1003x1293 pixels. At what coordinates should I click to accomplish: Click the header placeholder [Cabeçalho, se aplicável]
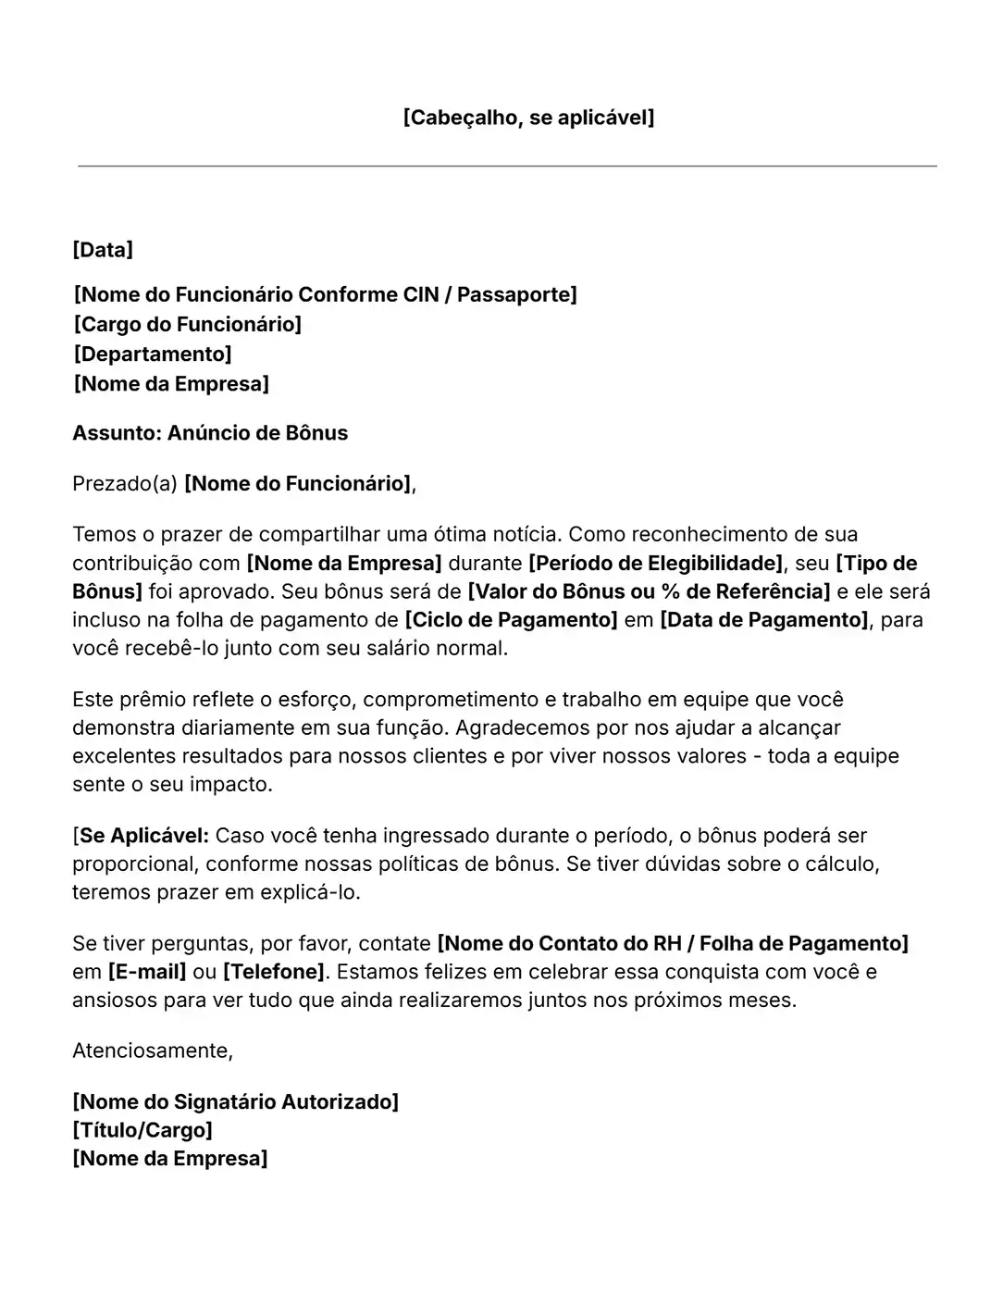click(x=528, y=118)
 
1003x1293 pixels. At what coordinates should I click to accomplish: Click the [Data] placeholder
click(x=103, y=250)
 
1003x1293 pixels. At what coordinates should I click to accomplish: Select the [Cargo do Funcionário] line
click(x=188, y=324)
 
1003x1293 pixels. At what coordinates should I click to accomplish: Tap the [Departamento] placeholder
click(x=153, y=354)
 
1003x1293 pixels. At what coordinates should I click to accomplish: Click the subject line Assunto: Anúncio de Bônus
click(x=210, y=433)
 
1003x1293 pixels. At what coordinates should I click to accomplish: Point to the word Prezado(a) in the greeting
click(x=124, y=483)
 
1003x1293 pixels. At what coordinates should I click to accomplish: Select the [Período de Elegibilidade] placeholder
click(x=656, y=563)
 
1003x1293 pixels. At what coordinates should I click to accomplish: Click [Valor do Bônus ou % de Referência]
click(x=649, y=591)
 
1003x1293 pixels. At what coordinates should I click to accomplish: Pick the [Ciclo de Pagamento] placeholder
click(x=511, y=620)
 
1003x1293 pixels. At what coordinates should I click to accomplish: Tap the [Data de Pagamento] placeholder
click(x=763, y=620)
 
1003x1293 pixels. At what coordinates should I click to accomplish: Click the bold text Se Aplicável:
click(x=144, y=836)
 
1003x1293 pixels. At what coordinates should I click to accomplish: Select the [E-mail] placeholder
click(x=148, y=972)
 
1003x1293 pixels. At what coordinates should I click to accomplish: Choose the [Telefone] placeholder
click(x=274, y=972)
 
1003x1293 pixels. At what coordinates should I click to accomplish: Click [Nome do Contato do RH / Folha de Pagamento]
click(x=673, y=943)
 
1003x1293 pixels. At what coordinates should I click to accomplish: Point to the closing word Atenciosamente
click(x=152, y=1051)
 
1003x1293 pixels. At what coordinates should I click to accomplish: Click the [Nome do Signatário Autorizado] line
click(x=236, y=1101)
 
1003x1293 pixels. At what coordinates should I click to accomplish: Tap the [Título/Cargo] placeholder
click(x=142, y=1130)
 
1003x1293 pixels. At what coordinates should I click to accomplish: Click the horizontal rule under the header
click(x=507, y=167)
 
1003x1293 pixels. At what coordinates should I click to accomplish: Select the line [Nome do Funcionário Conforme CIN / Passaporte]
click(x=326, y=294)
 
